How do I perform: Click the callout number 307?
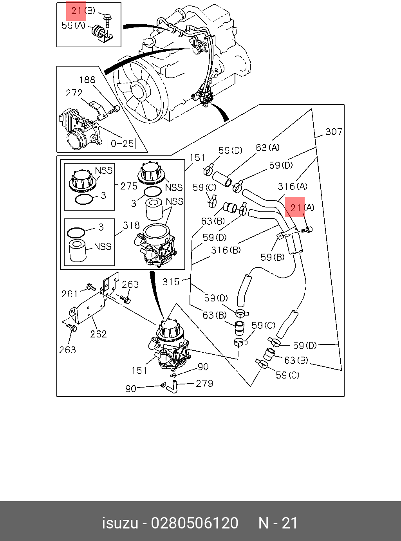(334, 132)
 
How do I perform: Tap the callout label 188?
(87, 80)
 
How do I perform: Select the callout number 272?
(74, 93)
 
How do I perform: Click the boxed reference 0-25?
(122, 143)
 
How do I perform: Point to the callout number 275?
(129, 186)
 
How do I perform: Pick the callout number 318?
(131, 225)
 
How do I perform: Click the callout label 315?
(171, 282)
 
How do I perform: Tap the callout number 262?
(98, 334)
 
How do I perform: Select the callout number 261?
(70, 294)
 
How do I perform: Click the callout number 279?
(204, 383)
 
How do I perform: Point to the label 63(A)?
(268, 148)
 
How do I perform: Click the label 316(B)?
(226, 250)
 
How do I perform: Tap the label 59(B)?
(273, 257)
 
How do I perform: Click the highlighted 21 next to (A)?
(296, 207)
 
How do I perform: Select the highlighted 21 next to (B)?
(76, 11)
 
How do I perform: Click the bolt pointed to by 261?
(91, 287)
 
